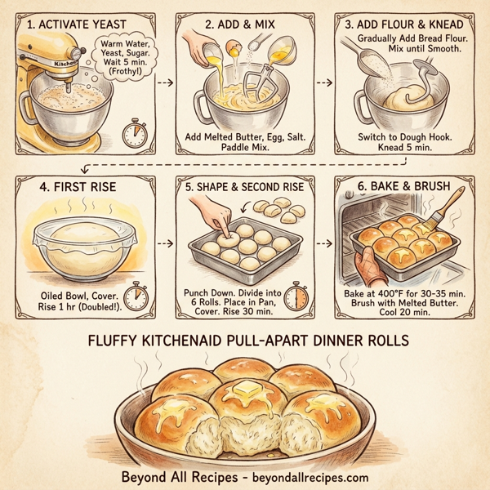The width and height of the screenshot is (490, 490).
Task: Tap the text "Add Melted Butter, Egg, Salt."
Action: click(245, 136)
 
